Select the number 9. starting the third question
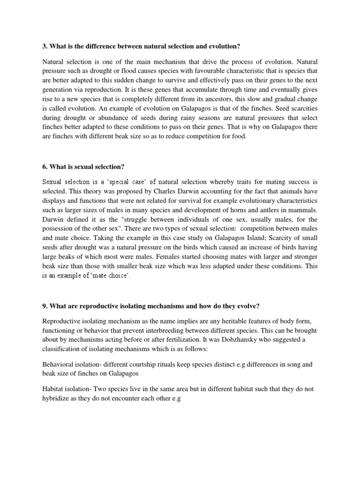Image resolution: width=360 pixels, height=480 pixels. point(45,306)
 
